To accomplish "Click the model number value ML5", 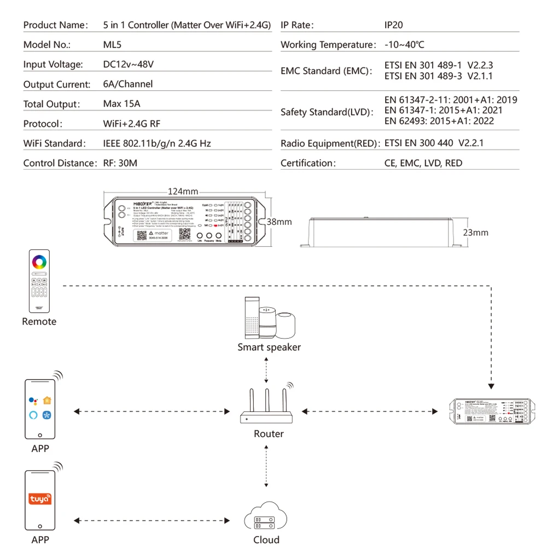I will coord(113,45).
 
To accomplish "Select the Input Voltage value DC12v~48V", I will coord(129,65).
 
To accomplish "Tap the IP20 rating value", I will coord(394,25).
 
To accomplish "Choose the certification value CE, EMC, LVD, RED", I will coord(423,163).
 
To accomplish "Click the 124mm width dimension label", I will coord(183,191).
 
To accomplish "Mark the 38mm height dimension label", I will coord(279,222).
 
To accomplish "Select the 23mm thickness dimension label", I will coord(476,232).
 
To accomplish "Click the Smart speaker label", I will coord(269,347).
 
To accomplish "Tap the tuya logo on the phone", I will coord(40,499).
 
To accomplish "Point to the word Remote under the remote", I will coord(39,322).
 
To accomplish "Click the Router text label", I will coord(269,434).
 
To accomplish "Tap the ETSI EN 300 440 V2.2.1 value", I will coord(434,143).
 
